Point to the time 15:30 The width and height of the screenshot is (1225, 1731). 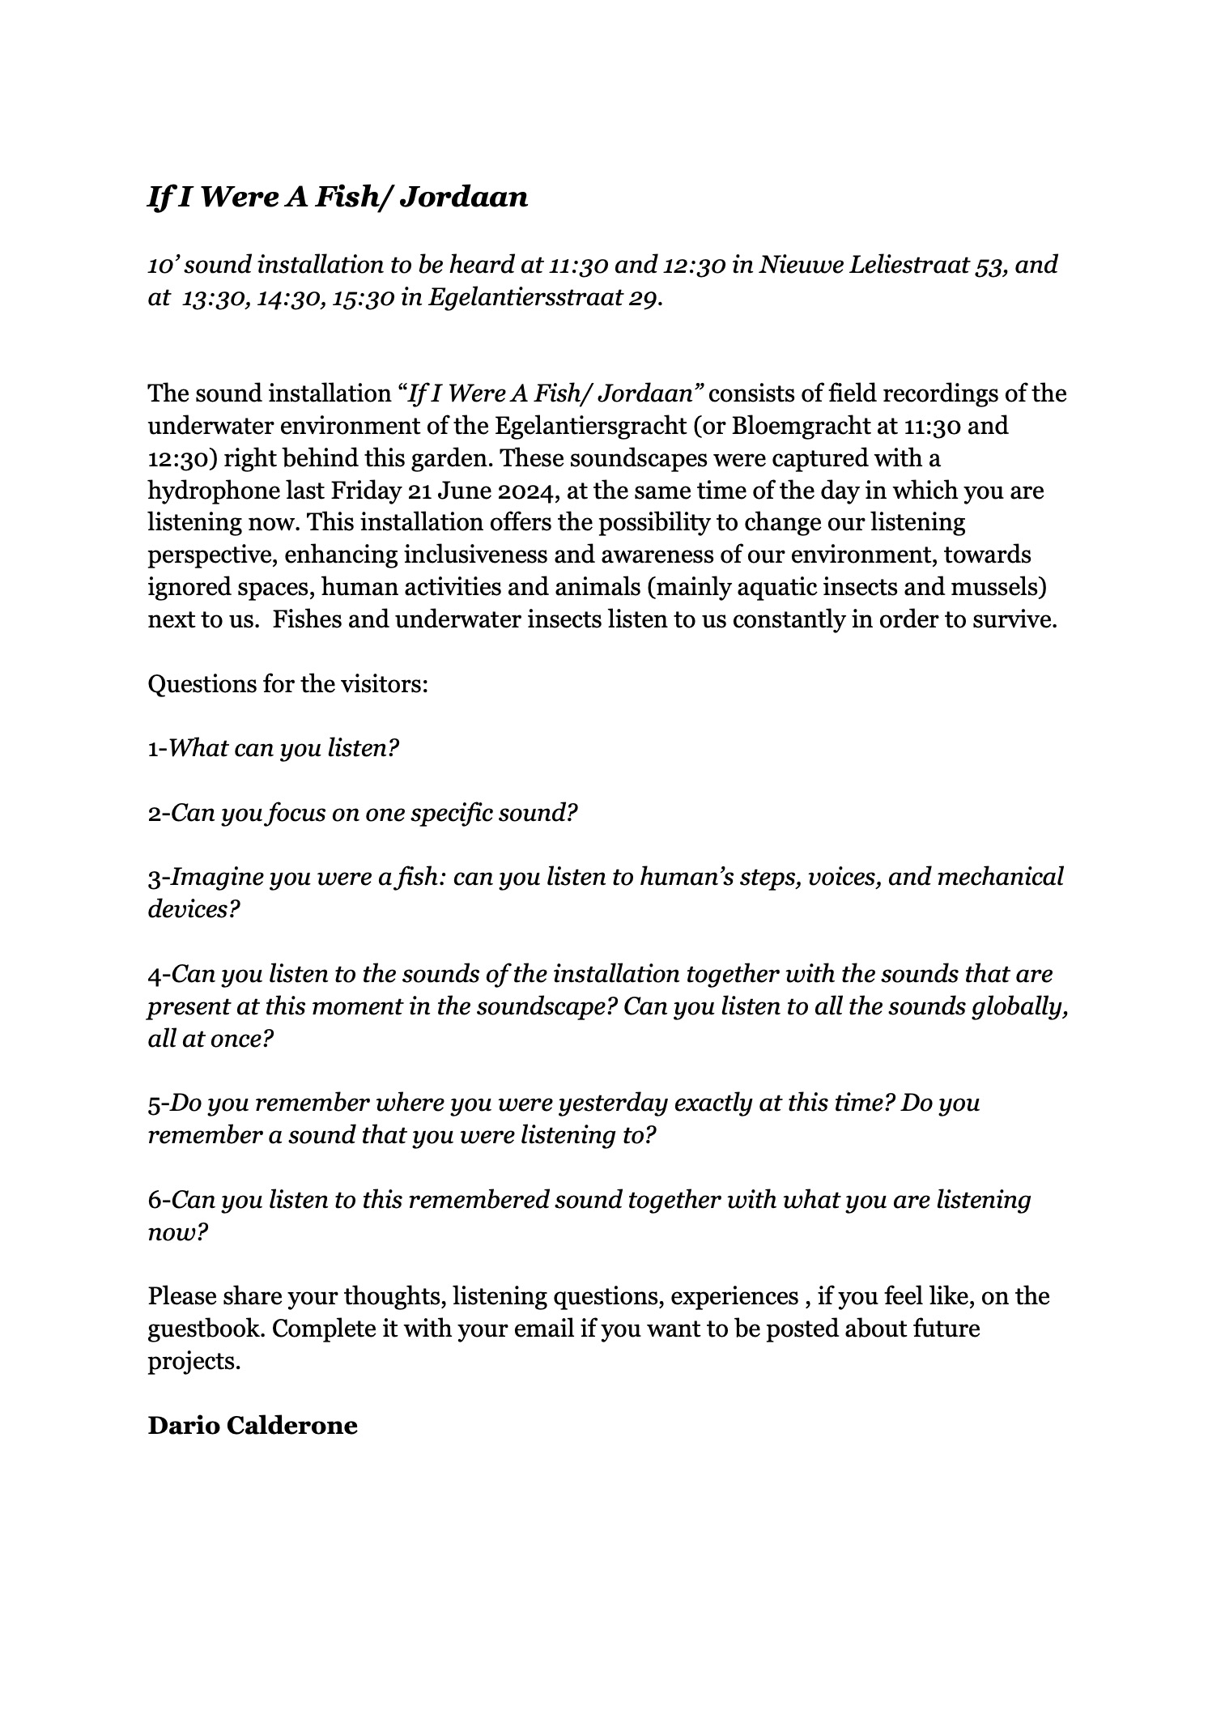(x=363, y=298)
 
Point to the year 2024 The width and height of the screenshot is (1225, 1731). (x=521, y=491)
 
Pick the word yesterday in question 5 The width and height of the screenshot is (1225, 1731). (x=613, y=1104)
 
